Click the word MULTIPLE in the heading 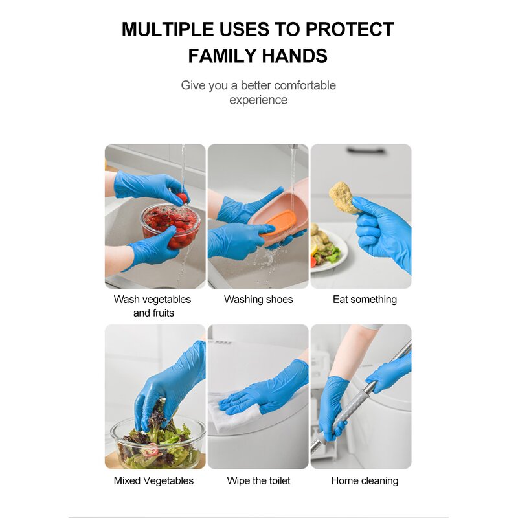tap(166, 30)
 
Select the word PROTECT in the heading tap(350, 30)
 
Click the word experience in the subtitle tap(258, 100)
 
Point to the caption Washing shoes tap(258, 299)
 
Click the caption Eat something tap(365, 299)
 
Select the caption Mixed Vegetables tap(153, 480)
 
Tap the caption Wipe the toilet tap(258, 480)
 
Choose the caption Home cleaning tap(365, 480)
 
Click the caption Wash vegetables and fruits tap(153, 306)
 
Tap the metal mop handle tap(363, 395)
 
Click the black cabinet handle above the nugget tap(365, 151)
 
